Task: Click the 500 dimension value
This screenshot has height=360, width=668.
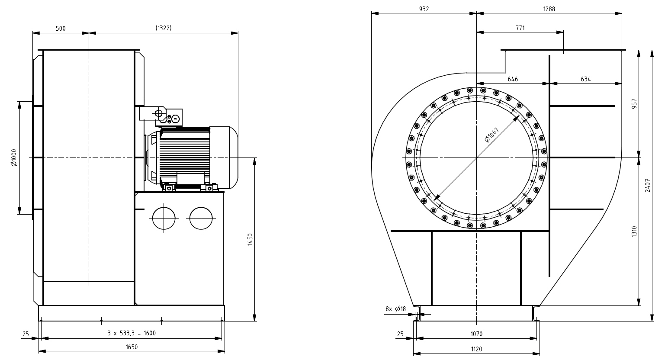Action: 61,29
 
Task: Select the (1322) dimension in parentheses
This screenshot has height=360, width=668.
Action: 164,28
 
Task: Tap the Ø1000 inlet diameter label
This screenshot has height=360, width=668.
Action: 13,157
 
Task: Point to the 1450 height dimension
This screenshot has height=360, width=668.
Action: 250,239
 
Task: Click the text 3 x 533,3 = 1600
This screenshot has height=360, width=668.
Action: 132,333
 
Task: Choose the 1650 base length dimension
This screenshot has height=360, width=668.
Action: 132,347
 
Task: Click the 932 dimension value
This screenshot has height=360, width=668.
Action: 424,9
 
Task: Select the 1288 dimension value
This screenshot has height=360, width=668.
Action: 549,9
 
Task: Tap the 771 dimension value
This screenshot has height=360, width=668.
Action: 520,28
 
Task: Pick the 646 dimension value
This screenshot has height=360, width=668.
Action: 513,79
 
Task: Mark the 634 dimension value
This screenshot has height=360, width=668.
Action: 586,79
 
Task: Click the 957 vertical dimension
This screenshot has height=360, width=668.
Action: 635,104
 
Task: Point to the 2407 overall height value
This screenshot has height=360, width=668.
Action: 648,185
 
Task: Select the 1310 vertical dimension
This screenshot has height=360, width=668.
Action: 635,231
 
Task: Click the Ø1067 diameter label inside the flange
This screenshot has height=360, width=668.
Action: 492,135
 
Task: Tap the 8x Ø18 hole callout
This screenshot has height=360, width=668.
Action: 395,309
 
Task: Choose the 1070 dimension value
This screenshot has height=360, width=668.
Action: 476,334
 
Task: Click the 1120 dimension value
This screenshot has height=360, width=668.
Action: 476,349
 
